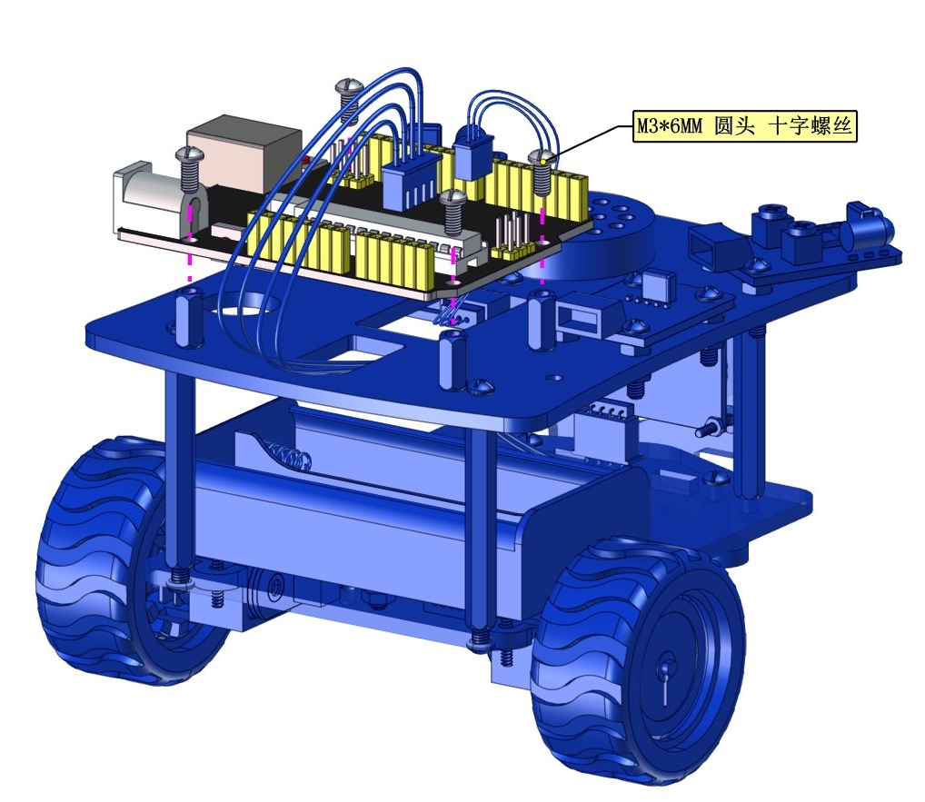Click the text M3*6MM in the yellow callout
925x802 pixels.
(669, 126)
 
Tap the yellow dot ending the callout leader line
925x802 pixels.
(542, 161)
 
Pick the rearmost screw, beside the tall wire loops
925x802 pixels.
(348, 99)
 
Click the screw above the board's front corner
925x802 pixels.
(453, 212)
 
